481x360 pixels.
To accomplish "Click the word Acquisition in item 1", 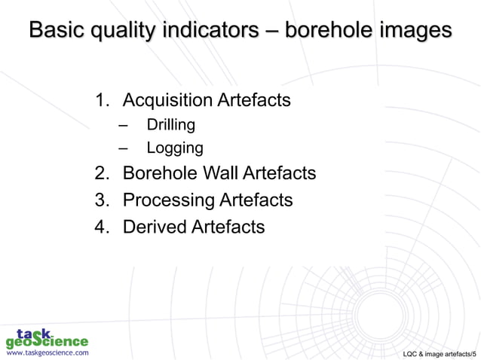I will [168, 100].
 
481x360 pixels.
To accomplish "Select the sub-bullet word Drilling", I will [170, 124].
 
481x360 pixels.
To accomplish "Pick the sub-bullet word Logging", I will [174, 148].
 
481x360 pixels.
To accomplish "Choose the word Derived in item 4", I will [154, 226].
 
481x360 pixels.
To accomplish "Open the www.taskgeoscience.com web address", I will [47, 352].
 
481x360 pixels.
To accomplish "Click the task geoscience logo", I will [47, 337].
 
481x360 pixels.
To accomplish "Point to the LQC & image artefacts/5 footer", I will [440, 352].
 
